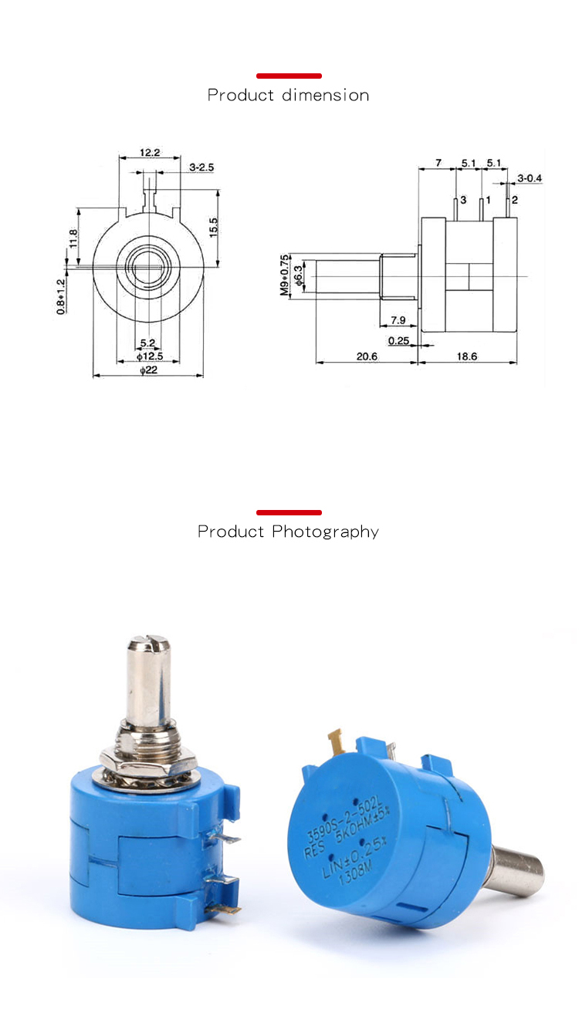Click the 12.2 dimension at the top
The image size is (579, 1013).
pyautogui.click(x=150, y=153)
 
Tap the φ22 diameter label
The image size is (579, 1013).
pyautogui.click(x=148, y=370)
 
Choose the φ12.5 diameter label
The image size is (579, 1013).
pyautogui.click(x=149, y=356)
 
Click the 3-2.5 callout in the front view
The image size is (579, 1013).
pyautogui.click(x=201, y=167)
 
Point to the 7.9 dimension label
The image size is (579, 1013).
pyautogui.click(x=398, y=319)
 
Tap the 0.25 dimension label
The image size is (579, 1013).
pyautogui.click(x=398, y=340)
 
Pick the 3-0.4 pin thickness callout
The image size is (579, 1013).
pyautogui.click(x=530, y=178)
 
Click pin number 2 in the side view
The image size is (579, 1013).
pyautogui.click(x=515, y=200)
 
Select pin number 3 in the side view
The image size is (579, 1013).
pyautogui.click(x=463, y=200)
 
